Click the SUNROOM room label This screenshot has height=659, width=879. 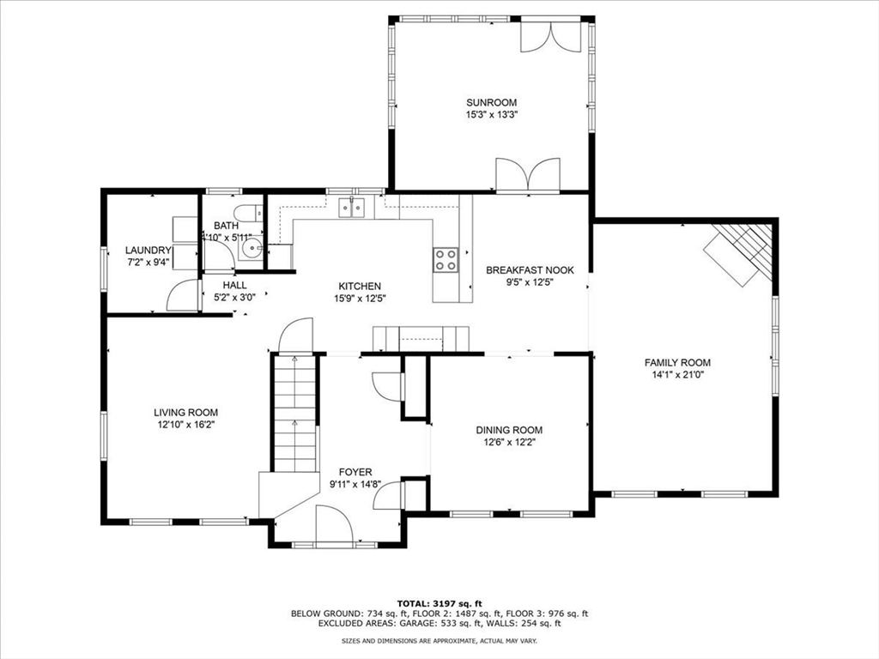pos(491,102)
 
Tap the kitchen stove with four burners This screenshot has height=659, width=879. pos(446,259)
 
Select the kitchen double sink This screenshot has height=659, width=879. pos(352,207)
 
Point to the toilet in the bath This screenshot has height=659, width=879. pos(246,214)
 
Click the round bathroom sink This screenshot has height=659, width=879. pos(252,248)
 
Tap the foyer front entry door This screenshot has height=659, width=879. pos(334,525)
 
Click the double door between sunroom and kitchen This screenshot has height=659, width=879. pos(529,175)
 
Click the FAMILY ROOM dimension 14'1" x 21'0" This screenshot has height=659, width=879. pos(677,374)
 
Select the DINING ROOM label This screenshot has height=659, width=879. pos(509,430)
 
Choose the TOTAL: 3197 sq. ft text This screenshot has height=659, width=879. pos(439,602)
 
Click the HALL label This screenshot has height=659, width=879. pos(234,285)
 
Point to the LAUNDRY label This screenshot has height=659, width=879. pos(149,251)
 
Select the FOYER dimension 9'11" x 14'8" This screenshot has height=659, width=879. pos(355,484)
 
